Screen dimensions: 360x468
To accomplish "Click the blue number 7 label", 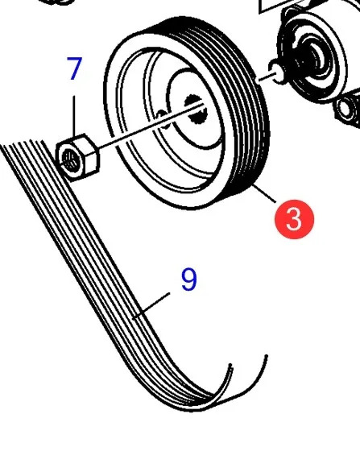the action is coord(74,68).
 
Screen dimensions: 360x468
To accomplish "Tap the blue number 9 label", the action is coord(189,279).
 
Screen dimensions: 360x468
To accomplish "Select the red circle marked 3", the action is coord(294,219).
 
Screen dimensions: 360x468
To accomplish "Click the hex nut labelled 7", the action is coord(77,157).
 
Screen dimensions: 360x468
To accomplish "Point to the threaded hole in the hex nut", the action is coord(69,161).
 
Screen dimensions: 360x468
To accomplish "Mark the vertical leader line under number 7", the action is coord(74,116).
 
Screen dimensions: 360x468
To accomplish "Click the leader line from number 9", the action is coord(151,306).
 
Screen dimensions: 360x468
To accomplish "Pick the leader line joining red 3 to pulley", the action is coord(264,194).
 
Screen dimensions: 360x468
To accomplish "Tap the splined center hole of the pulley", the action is coord(195,110).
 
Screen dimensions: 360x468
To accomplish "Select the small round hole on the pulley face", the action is coord(162,118).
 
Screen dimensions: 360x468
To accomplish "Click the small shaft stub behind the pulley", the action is coord(277,72).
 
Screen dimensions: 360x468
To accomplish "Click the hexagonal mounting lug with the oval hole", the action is coord(349,108).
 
